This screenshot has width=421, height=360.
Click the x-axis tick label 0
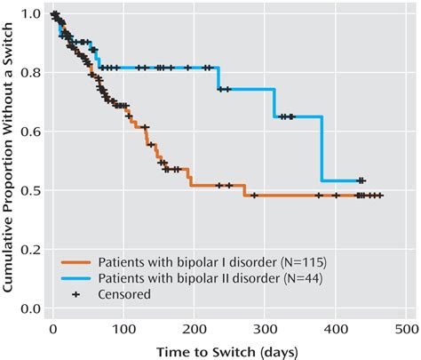point(52,330)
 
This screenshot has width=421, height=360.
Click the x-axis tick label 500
point(408,330)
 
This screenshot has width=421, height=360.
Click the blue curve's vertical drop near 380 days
point(322,149)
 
